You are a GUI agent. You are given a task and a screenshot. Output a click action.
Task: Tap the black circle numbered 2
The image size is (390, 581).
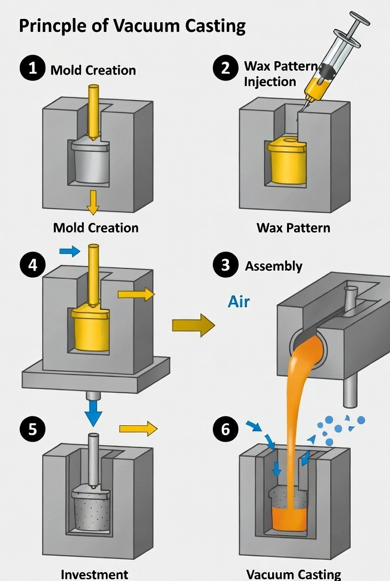coord(225,68)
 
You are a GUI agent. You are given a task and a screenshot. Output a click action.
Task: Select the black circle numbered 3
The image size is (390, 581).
coord(225,265)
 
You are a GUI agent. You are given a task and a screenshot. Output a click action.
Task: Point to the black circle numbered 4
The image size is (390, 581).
coord(32,265)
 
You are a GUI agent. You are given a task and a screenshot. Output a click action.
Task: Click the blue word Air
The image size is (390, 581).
coord(239,301)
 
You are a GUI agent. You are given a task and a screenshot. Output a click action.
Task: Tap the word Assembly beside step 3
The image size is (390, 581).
coord(273,266)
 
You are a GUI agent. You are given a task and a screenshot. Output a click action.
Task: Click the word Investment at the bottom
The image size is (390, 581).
coord(94,574)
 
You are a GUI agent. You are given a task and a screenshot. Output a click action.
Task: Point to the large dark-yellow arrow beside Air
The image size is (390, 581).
coord(194,325)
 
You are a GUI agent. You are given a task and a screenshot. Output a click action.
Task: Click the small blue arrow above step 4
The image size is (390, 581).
coord(70,251)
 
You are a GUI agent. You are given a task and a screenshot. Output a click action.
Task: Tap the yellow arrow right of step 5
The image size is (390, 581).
coord(138,428)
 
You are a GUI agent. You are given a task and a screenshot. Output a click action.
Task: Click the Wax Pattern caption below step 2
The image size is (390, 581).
coord(293,228)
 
